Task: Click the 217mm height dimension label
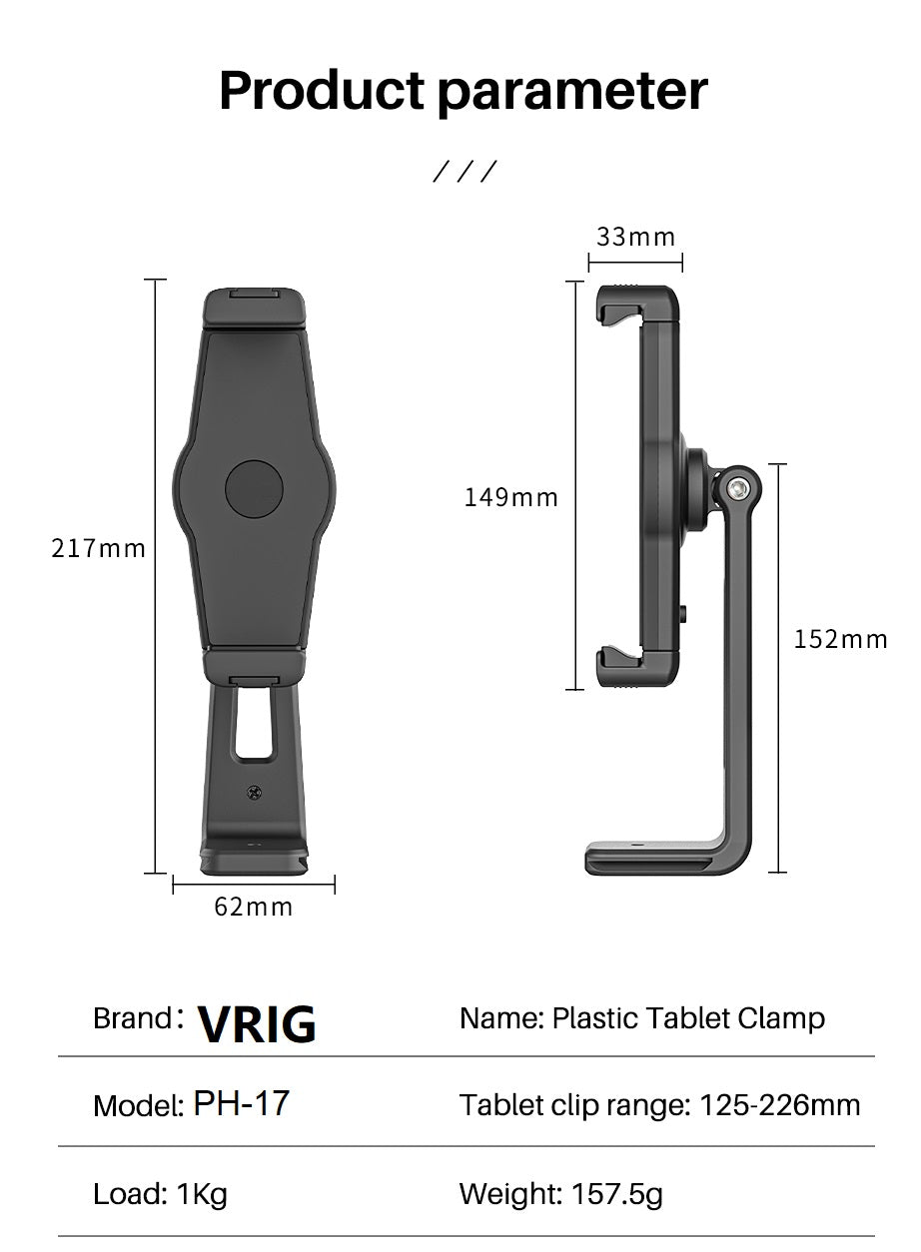click(98, 548)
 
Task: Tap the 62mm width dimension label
click(254, 907)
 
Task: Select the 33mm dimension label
click(636, 238)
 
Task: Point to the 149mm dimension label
click(510, 497)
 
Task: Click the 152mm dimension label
click(840, 639)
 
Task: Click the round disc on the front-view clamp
click(254, 489)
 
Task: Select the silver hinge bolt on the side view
click(739, 489)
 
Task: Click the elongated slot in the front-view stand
click(254, 722)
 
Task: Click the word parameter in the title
click(573, 92)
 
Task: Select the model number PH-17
click(241, 1103)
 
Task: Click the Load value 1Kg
click(202, 1193)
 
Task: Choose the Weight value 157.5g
click(616, 1193)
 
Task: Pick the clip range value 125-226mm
click(779, 1105)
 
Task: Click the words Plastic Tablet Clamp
click(688, 1018)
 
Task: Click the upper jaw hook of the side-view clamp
click(617, 300)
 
